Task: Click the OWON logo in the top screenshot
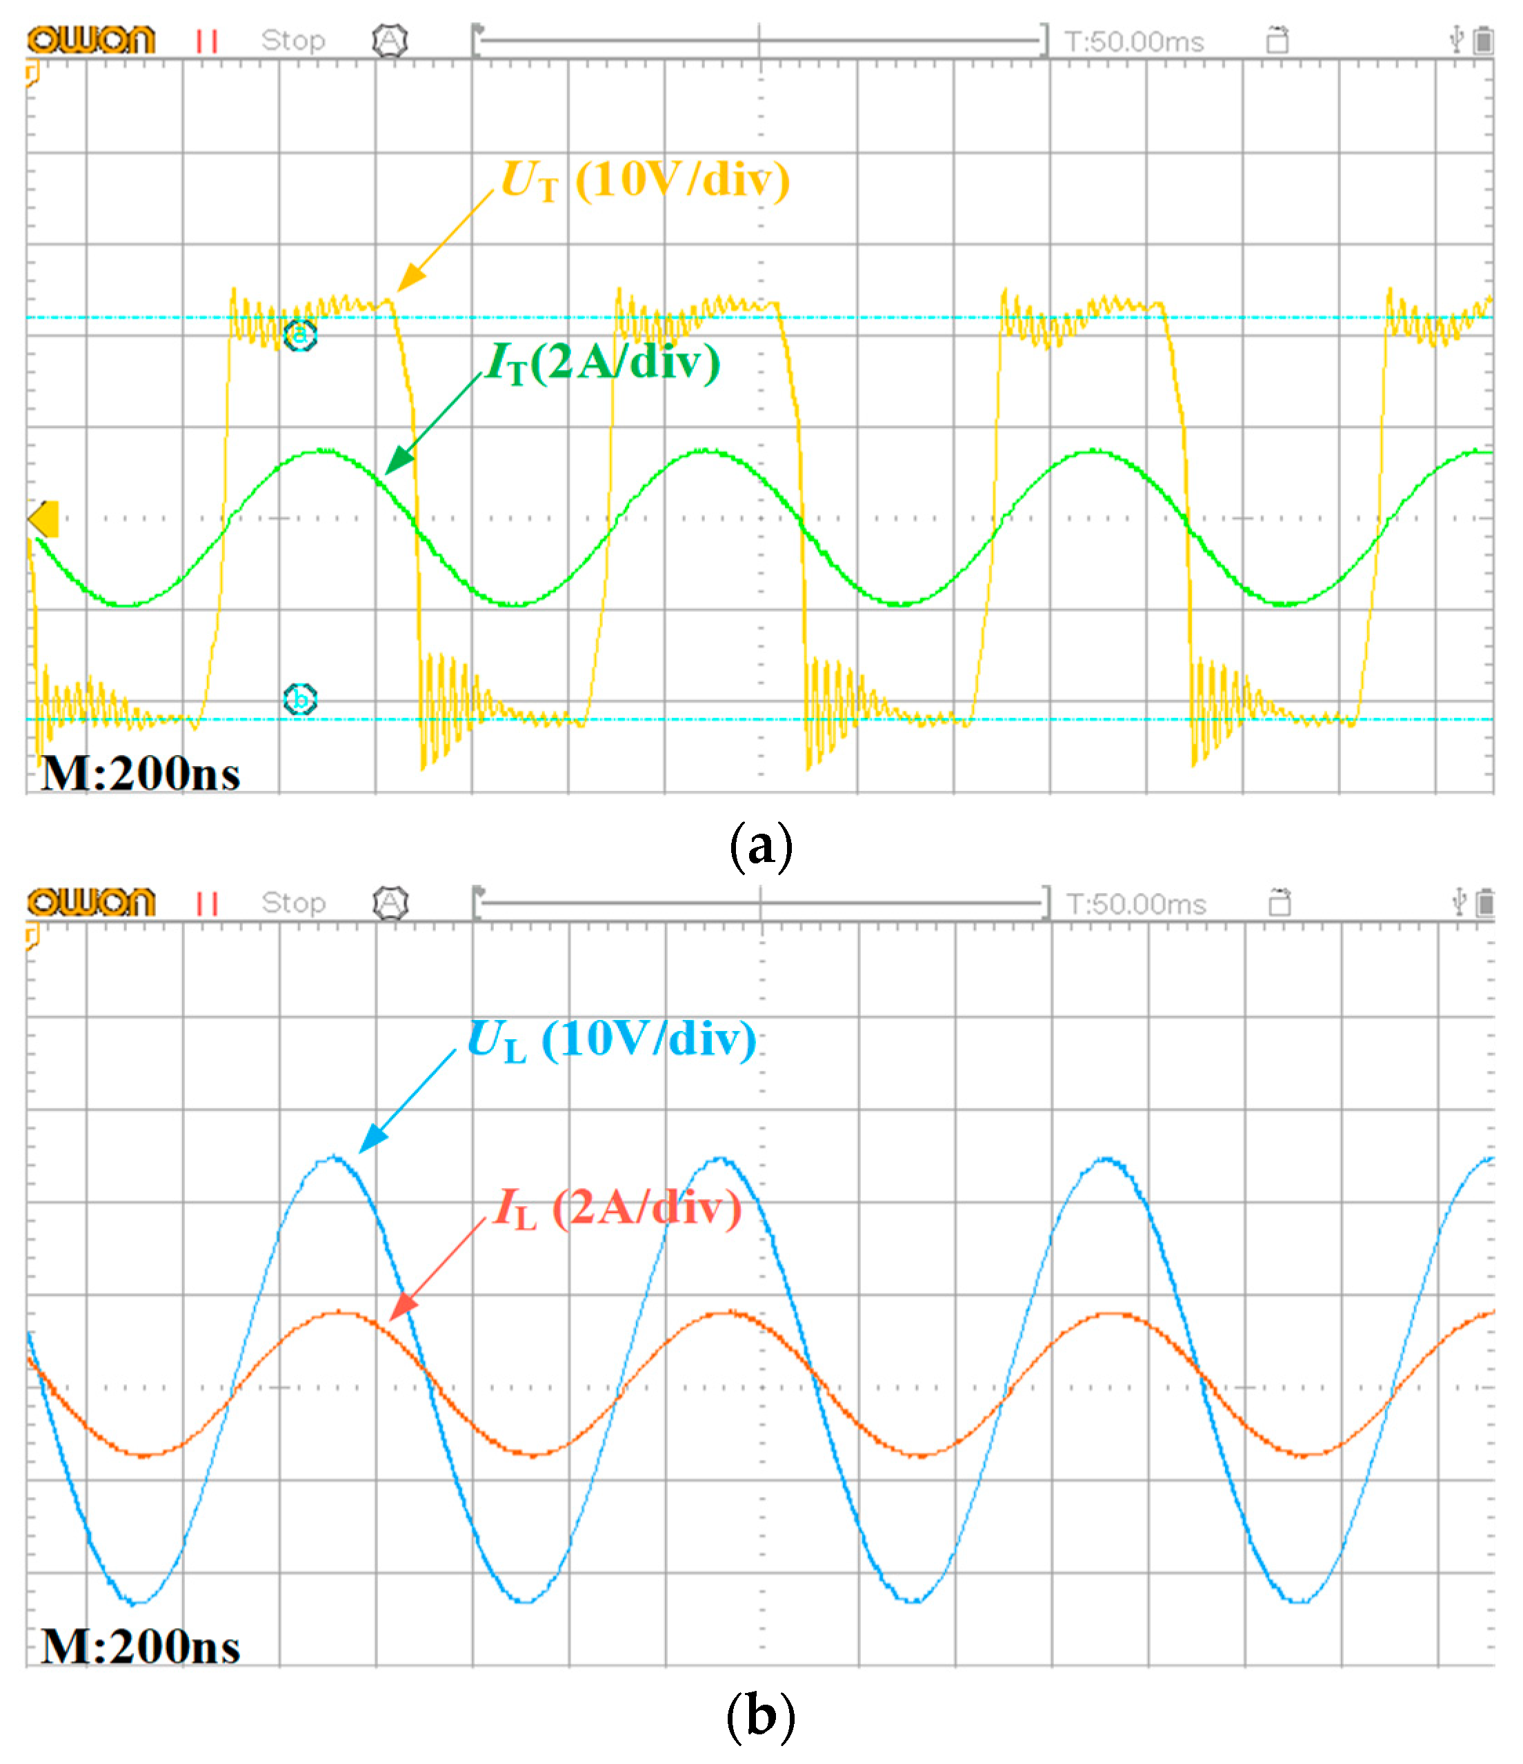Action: [91, 40]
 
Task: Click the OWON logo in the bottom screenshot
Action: [91, 903]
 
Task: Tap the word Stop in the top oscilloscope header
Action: [293, 40]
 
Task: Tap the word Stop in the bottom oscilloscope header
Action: [293, 903]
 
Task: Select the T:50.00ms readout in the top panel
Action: [1134, 41]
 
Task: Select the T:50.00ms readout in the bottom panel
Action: [1135, 904]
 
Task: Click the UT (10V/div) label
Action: [645, 181]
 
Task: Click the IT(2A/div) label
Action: [603, 363]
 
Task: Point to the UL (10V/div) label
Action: [612, 1041]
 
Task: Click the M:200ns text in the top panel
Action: [141, 774]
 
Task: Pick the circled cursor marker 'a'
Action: [300, 334]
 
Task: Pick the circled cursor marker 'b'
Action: [300, 700]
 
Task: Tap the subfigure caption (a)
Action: [761, 846]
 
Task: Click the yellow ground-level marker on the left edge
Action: [43, 519]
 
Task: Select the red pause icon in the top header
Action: [207, 41]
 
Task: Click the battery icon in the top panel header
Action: [1483, 40]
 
